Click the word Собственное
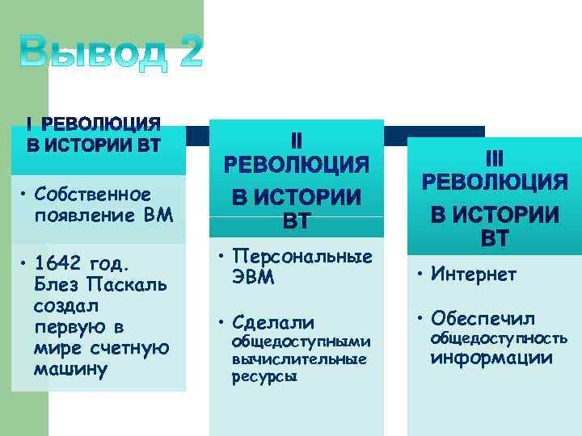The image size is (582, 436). tap(93, 195)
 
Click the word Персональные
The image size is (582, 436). tap(302, 257)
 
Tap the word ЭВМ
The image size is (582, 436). tap(254, 279)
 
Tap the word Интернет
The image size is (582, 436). tap(474, 275)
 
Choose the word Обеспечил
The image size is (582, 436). tap(483, 317)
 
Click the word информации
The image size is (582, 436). tap(491, 358)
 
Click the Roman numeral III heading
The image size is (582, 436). tap(494, 158)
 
